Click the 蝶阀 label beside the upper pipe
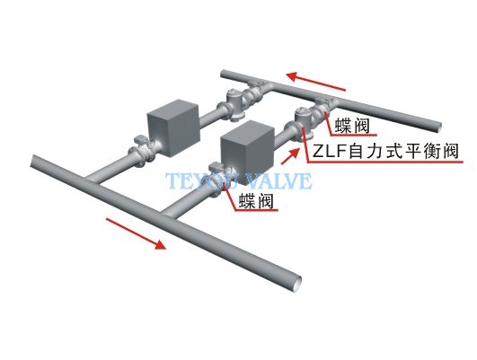point(352,127)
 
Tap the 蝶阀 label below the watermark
point(256,201)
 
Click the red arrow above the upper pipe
point(316,81)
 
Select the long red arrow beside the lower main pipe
point(136,233)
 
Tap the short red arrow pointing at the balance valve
point(290,156)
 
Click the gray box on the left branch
point(173,127)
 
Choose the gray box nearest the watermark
point(247,153)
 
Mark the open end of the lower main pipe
point(296,285)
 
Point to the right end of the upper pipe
point(438,127)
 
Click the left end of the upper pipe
point(223,74)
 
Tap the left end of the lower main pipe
point(32,161)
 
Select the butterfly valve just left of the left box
point(142,151)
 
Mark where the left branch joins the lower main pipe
point(93,180)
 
